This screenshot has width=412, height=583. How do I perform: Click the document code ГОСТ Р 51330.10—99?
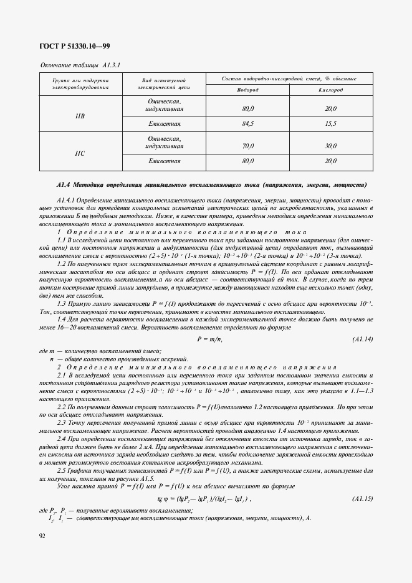tap(74, 46)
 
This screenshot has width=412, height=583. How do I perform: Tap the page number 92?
tap(42, 535)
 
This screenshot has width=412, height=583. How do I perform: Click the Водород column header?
tap(247, 90)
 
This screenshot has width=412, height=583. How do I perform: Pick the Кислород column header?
tap(330, 90)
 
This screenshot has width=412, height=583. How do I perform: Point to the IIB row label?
tap(80, 116)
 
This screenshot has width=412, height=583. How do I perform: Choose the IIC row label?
tap(80, 153)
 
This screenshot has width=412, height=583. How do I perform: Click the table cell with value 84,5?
tap(247, 124)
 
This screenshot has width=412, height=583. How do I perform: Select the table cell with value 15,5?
tap(330, 124)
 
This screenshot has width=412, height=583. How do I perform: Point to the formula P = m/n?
tap(209, 339)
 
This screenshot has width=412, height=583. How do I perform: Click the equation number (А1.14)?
tap(362, 339)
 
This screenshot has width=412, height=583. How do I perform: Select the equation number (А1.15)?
tap(362, 499)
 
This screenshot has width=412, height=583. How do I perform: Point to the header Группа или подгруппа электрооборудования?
tap(80, 84)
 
